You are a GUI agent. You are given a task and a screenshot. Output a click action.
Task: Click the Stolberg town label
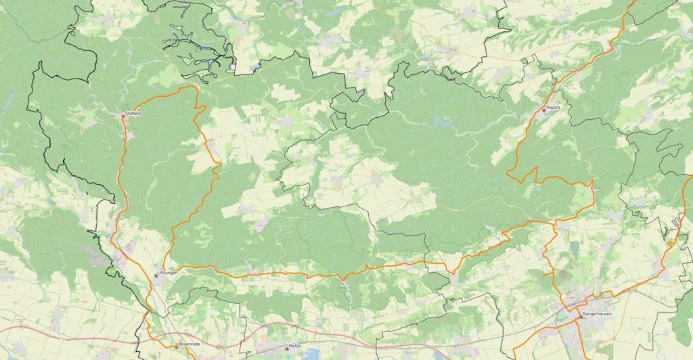point(134,113)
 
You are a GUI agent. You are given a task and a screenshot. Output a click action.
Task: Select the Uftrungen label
point(167,273)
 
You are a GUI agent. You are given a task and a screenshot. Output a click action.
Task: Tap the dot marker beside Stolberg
point(122,116)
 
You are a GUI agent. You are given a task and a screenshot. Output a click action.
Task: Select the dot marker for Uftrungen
point(156,275)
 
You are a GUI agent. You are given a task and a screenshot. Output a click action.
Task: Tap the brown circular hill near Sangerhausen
point(562,275)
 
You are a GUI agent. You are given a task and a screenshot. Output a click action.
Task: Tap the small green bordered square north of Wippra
point(525,61)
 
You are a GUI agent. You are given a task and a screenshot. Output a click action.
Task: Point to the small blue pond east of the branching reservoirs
point(256,68)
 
